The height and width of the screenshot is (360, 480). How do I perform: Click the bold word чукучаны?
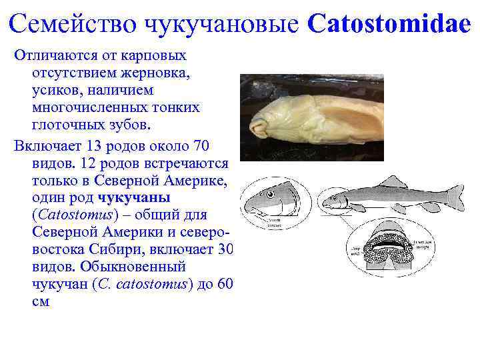pos(134,197)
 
